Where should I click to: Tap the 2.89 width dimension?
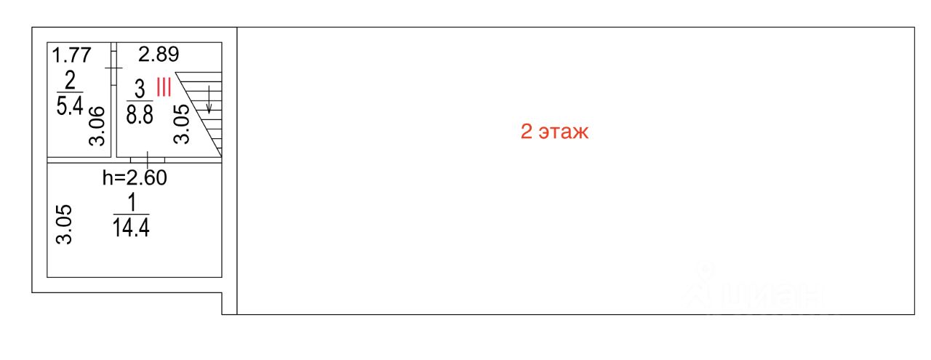pyautogui.click(x=159, y=55)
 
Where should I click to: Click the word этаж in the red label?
pyautogui.click(x=563, y=132)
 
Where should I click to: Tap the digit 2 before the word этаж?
pyautogui.click(x=526, y=132)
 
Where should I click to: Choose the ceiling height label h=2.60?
pyautogui.click(x=135, y=177)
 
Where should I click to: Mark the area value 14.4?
pyautogui.click(x=131, y=228)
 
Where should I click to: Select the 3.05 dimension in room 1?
pyautogui.click(x=65, y=225)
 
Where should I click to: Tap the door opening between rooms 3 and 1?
pyautogui.click(x=148, y=159)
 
